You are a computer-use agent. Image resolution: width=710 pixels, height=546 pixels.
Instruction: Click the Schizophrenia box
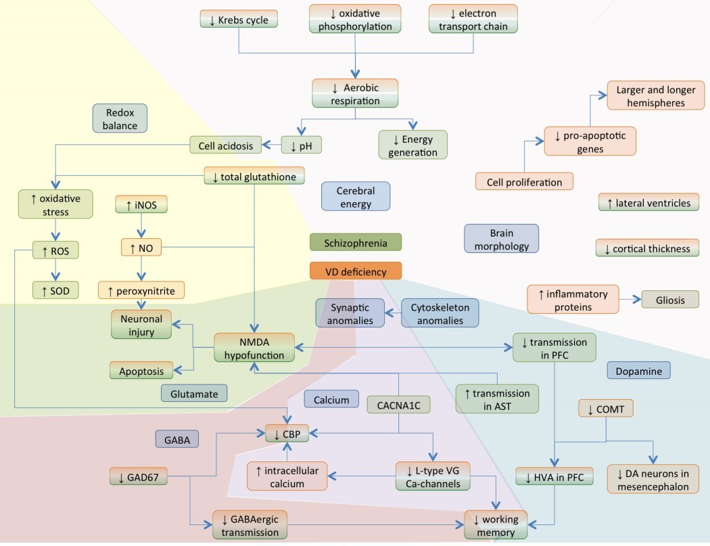coord(356,242)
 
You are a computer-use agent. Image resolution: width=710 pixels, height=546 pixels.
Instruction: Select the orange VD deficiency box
coord(356,271)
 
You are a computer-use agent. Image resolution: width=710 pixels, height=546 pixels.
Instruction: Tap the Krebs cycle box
coord(239,20)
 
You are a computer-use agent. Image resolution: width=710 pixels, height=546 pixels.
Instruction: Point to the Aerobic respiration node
coord(355,94)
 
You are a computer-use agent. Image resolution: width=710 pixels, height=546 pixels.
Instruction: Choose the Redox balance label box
coord(120,118)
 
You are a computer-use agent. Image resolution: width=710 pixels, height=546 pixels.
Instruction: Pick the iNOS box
coord(141,204)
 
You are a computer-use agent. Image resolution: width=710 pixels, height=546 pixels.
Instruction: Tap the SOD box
coord(55,291)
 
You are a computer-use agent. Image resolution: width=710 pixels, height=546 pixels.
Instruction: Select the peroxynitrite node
coord(141,291)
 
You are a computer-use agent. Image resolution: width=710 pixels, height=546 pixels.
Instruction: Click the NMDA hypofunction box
coord(254,346)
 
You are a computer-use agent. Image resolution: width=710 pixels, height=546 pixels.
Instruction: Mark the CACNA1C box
coord(398,404)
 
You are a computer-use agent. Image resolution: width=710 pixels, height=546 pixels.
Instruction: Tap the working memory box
coord(496,524)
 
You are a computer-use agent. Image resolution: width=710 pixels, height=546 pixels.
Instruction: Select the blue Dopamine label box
coord(638,370)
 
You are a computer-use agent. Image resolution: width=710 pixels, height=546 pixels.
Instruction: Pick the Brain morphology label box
coord(501,239)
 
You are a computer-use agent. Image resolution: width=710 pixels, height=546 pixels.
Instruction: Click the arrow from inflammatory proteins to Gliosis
coord(629,298)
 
